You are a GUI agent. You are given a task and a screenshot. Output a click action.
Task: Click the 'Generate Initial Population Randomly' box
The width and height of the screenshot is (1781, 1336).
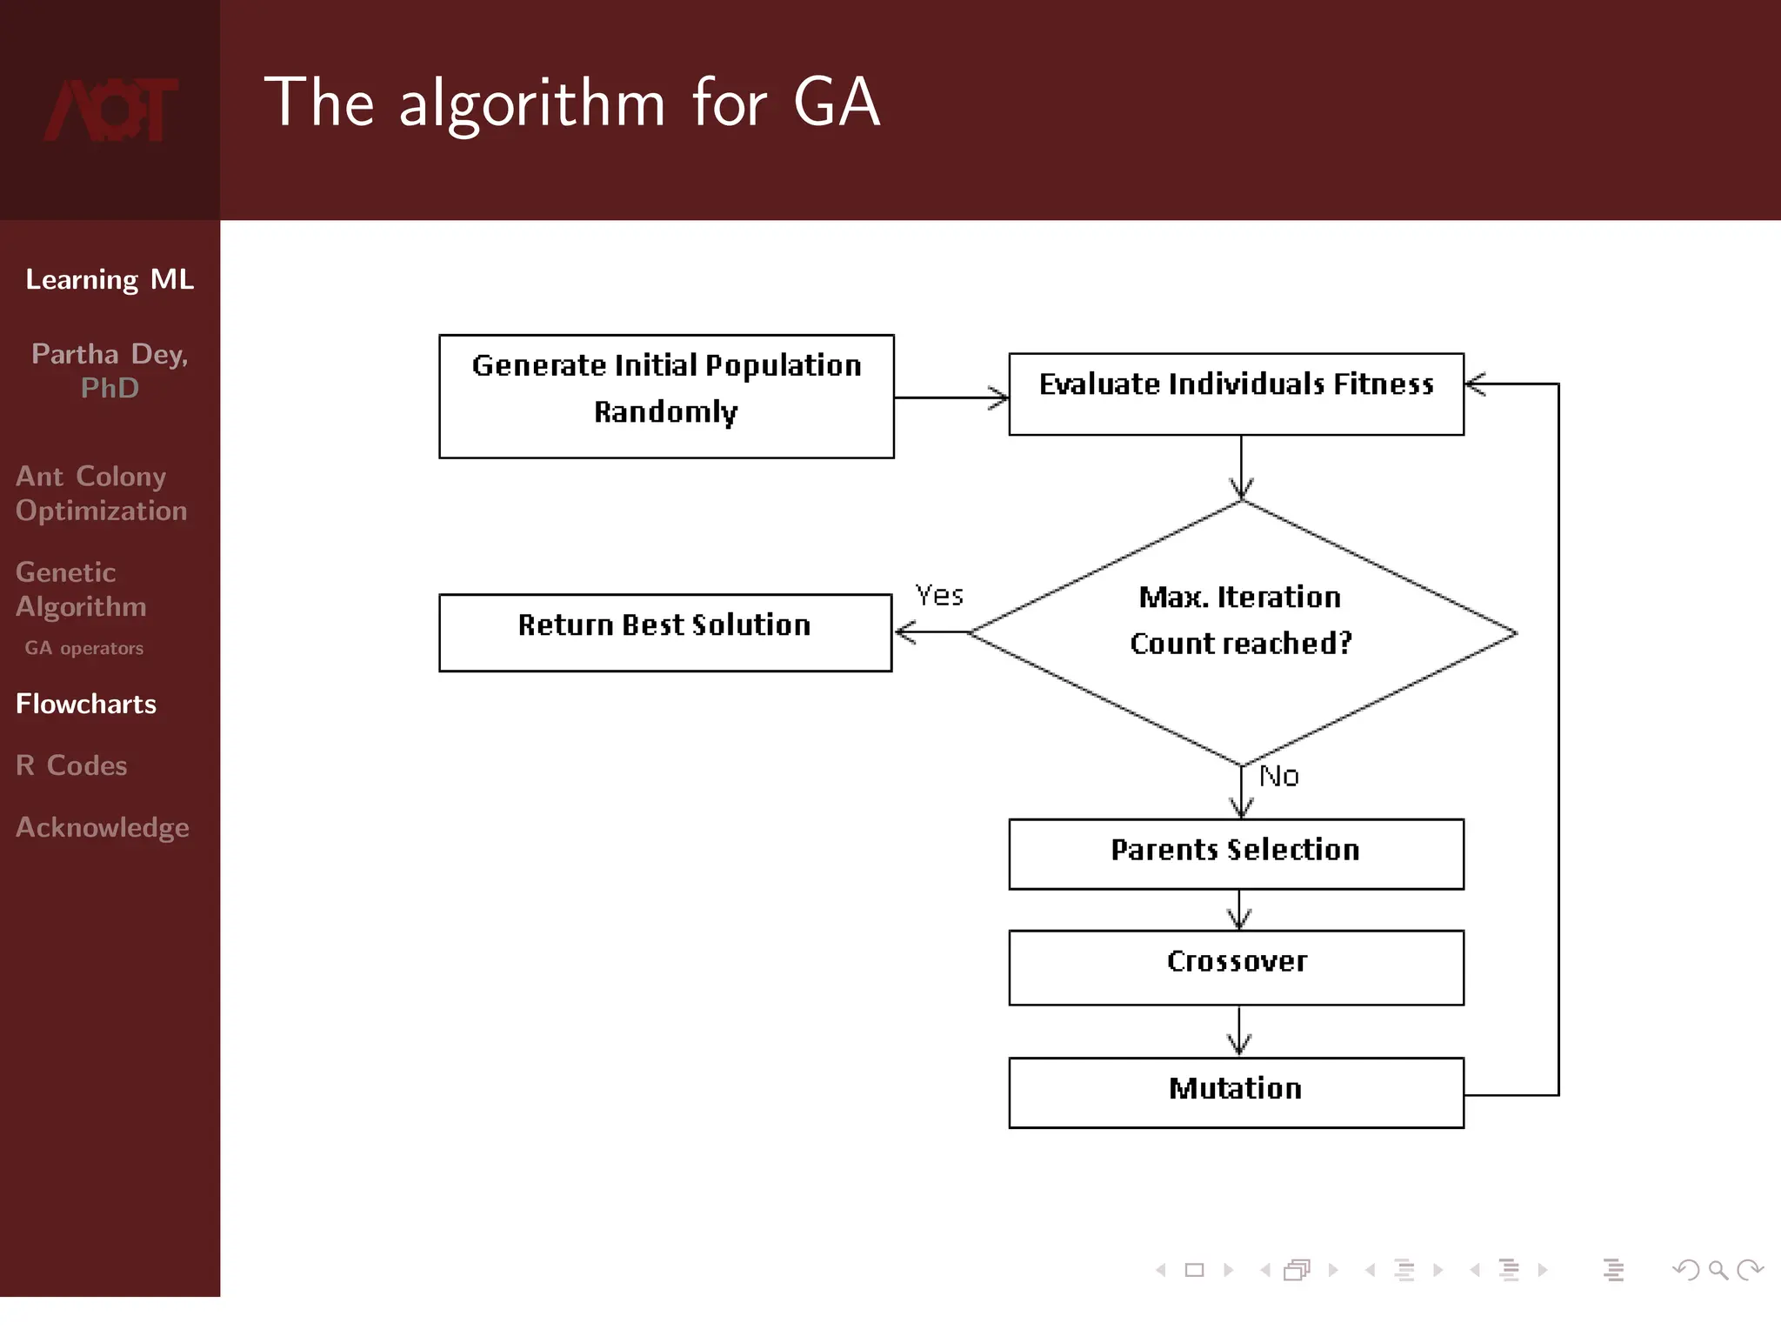tap(666, 396)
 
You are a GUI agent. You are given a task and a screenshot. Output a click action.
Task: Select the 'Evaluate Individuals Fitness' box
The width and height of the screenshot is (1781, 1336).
tap(1236, 393)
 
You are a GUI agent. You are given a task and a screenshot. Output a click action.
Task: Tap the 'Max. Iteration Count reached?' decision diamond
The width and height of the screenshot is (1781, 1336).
tap(1242, 632)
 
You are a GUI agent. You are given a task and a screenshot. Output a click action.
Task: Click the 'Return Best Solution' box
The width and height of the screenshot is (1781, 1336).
tap(665, 632)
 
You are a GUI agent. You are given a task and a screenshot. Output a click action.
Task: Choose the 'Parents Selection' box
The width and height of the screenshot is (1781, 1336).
tap(1236, 853)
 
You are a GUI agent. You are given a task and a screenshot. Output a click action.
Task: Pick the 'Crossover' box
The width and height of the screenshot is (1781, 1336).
tap(1236, 967)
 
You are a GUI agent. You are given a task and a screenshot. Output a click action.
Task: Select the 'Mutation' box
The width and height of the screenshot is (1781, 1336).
tap(1236, 1092)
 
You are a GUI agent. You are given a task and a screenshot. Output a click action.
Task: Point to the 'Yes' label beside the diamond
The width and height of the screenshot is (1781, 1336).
tap(939, 596)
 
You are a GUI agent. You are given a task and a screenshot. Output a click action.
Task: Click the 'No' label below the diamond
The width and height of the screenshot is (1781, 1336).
tap(1278, 776)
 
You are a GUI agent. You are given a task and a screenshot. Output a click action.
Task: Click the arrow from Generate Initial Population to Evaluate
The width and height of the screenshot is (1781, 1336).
tap(951, 397)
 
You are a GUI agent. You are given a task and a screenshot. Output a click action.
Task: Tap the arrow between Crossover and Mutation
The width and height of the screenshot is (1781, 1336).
tap(1239, 1031)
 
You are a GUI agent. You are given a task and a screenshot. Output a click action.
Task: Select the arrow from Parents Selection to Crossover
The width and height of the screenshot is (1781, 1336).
tap(1239, 910)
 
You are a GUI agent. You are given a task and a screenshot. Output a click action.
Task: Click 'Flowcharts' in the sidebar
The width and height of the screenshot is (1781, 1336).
tap(86, 704)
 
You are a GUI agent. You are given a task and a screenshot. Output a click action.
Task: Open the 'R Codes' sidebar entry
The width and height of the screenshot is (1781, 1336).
tap(71, 765)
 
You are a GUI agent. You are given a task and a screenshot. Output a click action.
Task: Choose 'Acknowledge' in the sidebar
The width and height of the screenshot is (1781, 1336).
tap(102, 827)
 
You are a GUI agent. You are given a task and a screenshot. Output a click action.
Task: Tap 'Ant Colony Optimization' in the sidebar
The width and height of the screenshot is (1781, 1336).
tap(101, 493)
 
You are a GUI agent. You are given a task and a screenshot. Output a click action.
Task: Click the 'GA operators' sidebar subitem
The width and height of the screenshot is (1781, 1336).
tap(83, 648)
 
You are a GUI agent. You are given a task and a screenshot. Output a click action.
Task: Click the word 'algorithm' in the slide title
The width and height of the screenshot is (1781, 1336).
tap(532, 104)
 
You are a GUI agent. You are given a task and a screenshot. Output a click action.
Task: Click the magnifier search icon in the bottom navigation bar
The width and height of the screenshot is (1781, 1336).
tap(1718, 1271)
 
